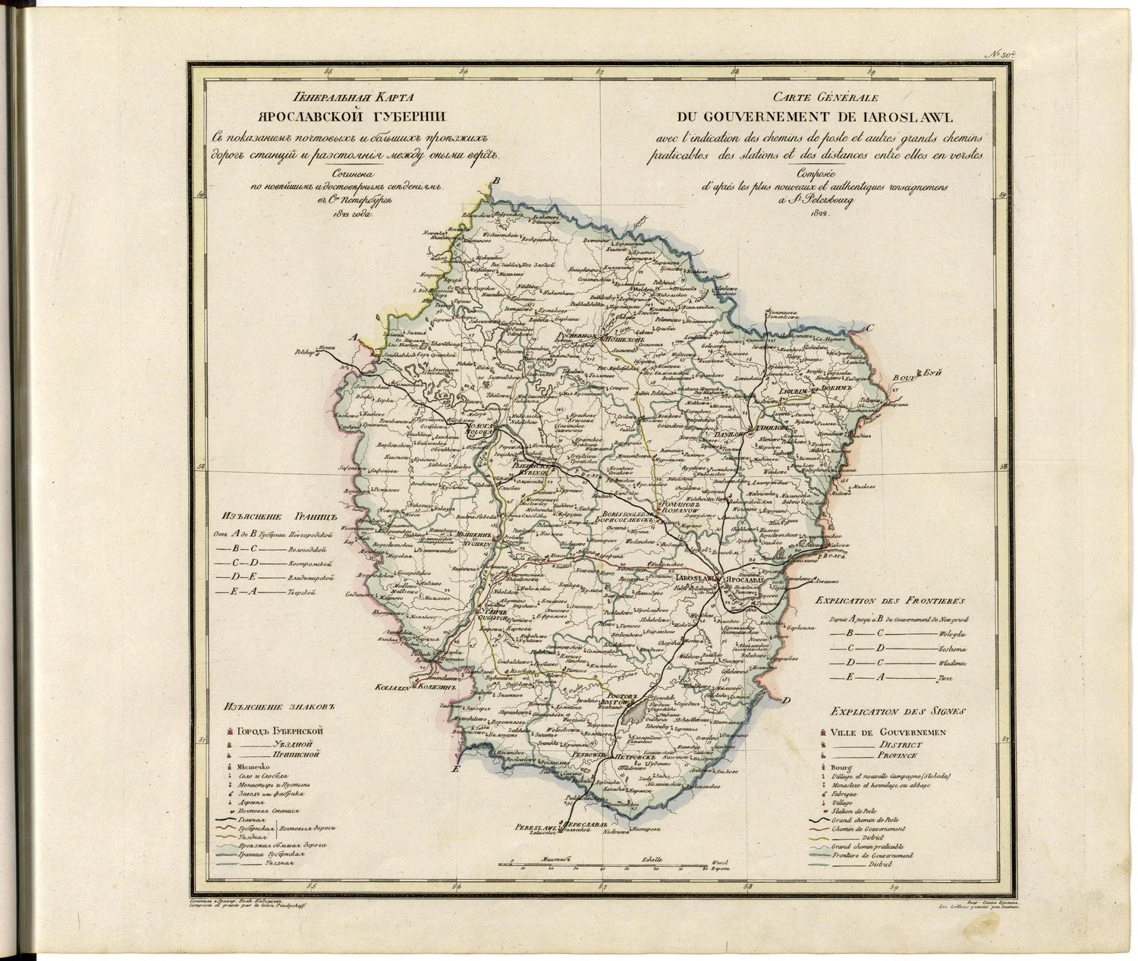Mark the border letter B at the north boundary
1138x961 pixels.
pyautogui.click(x=497, y=180)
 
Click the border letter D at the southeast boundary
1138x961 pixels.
pyautogui.click(x=787, y=700)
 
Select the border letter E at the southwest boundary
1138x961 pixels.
pyautogui.click(x=455, y=769)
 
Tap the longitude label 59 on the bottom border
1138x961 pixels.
pyautogui.click(x=894, y=885)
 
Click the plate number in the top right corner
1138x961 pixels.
pyautogui.click(x=1001, y=55)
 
